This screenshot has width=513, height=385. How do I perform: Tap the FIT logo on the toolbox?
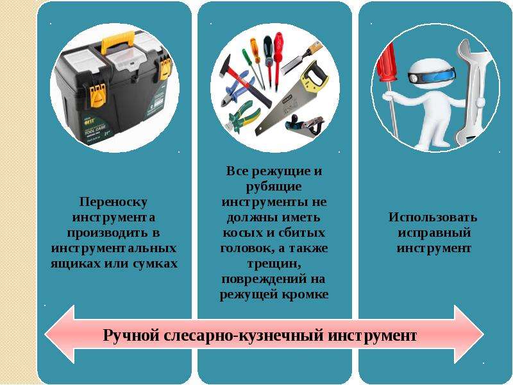coord(88,121)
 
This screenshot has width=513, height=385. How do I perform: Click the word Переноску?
coord(114,202)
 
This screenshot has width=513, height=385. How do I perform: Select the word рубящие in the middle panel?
coord(274,187)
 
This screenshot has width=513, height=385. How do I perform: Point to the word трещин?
coord(274,264)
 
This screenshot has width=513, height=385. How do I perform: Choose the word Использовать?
coord(433,218)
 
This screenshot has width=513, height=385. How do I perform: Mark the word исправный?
coord(434,233)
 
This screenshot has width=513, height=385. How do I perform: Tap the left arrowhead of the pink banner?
coord(60,334)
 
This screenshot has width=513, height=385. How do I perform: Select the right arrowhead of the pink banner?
coord(469,334)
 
